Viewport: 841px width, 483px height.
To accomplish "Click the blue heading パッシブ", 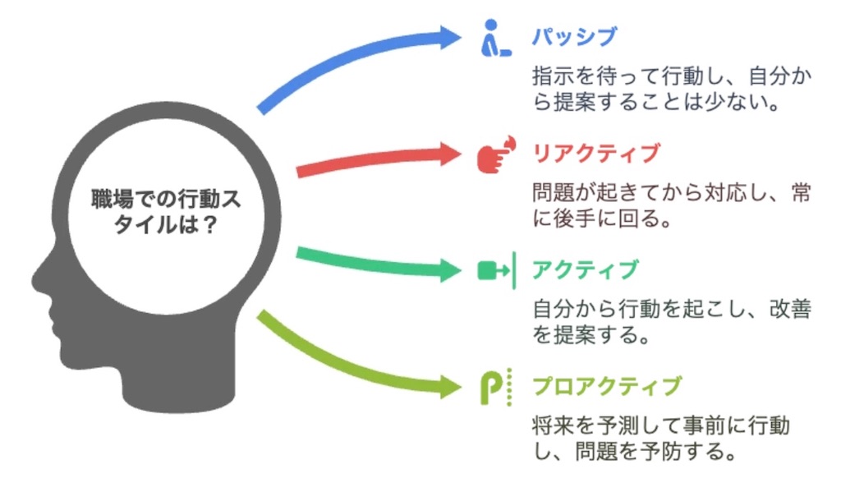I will (573, 38).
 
